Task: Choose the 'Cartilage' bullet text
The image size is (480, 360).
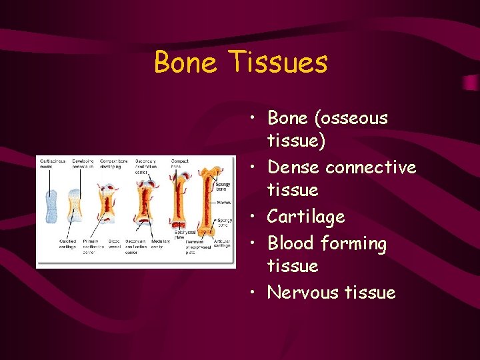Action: pyautogui.click(x=306, y=217)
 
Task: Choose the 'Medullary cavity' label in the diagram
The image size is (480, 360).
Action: pyautogui.click(x=160, y=245)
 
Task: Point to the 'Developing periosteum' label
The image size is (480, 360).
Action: pyautogui.click(x=83, y=164)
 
